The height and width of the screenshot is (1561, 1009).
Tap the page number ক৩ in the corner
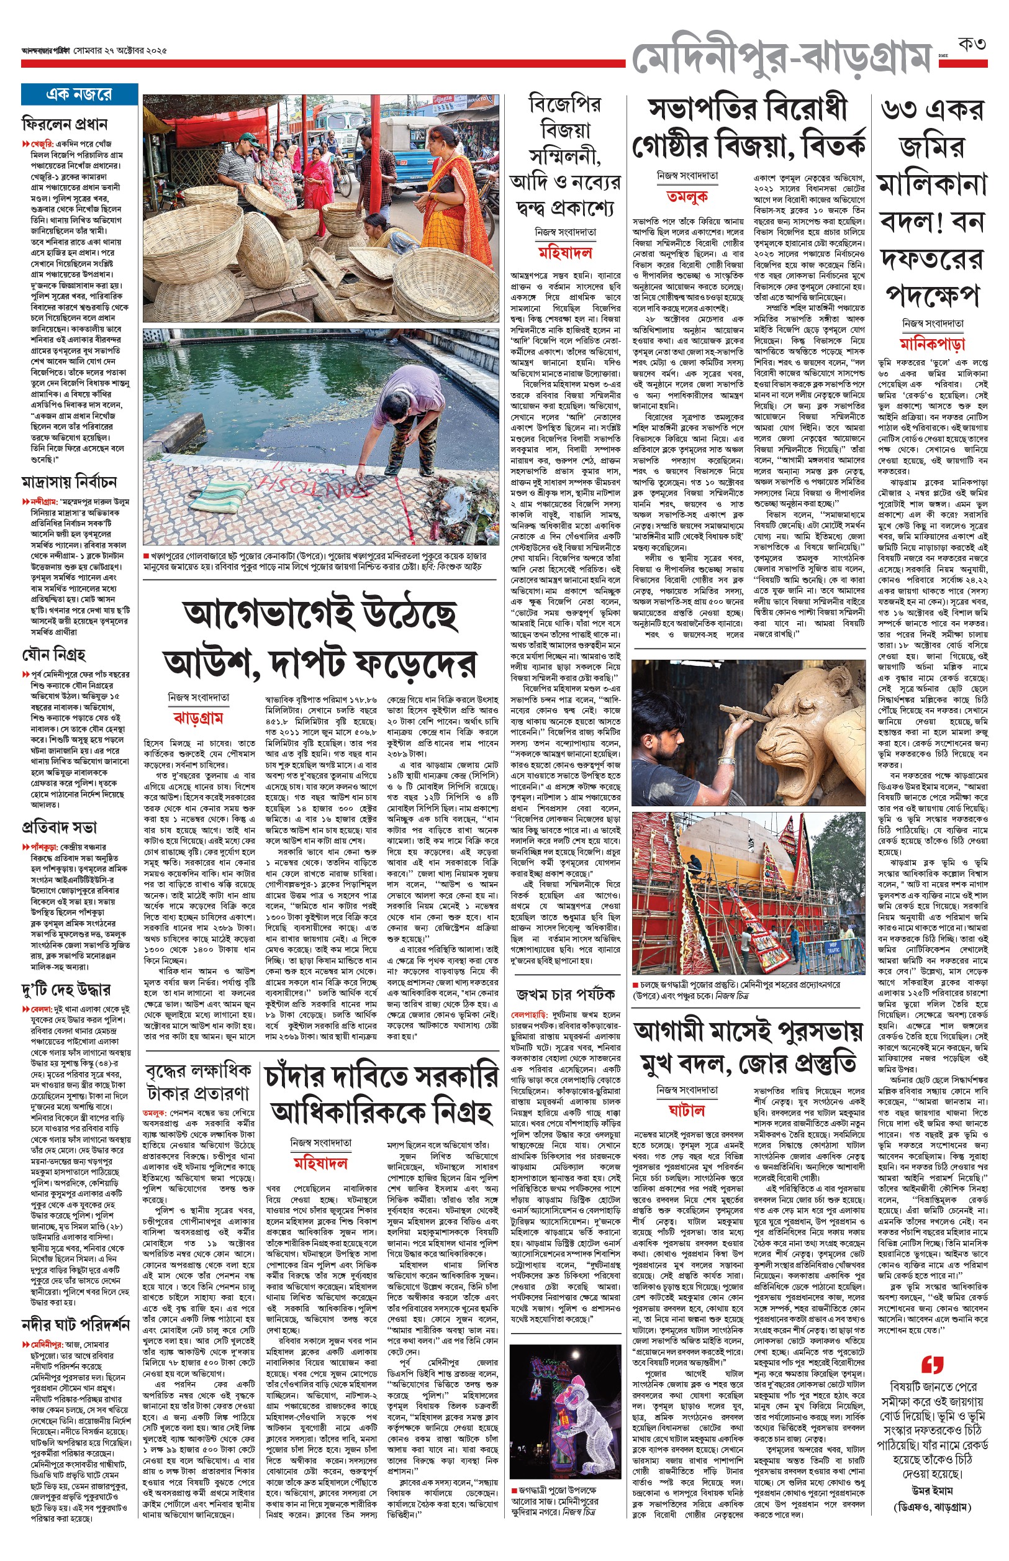(x=972, y=45)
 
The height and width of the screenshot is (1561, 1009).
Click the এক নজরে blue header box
(x=79, y=94)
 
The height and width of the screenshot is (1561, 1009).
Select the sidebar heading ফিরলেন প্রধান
(x=65, y=123)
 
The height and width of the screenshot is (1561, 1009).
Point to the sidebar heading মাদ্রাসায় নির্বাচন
(x=70, y=481)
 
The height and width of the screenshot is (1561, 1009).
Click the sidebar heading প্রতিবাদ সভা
(x=59, y=826)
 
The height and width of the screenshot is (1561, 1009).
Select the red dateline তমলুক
(x=687, y=196)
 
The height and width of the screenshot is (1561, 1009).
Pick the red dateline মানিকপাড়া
(x=933, y=343)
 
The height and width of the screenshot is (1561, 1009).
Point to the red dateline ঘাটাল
(x=687, y=1110)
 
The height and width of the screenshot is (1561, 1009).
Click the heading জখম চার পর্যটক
(x=566, y=994)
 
